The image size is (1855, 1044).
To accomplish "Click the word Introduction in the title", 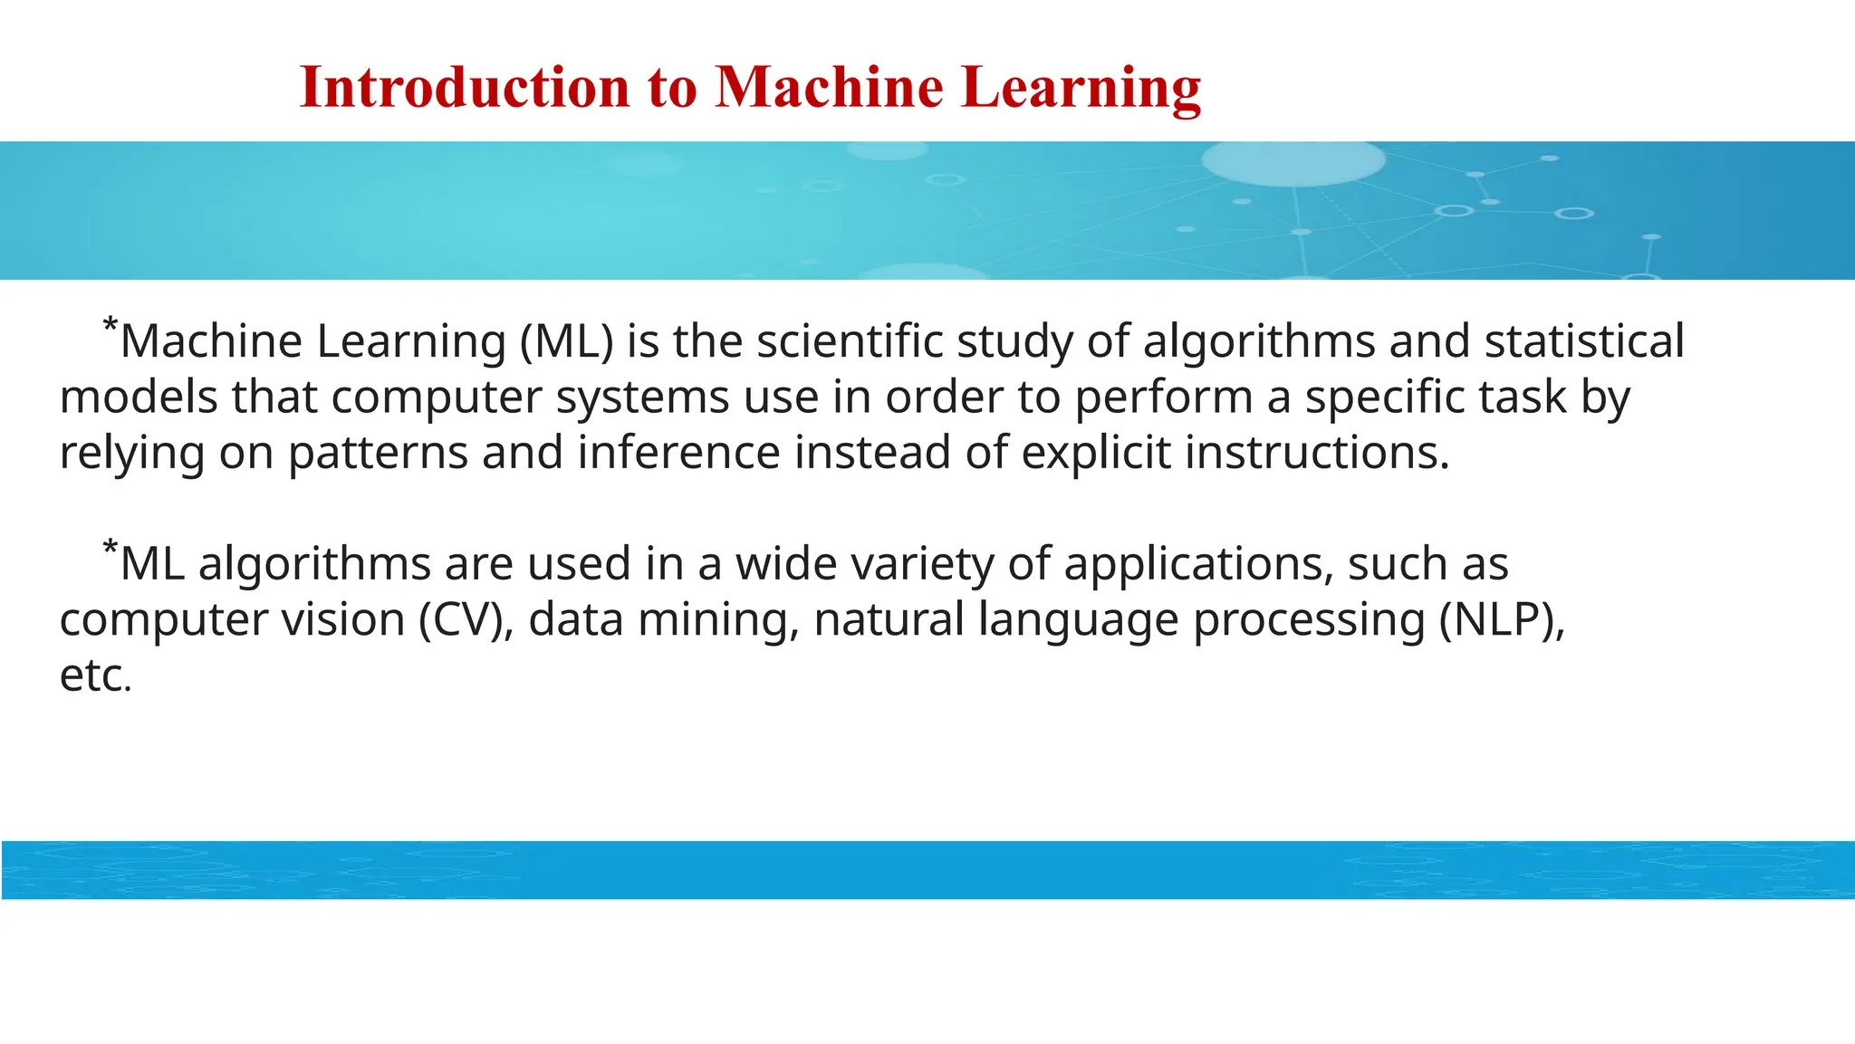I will tap(464, 88).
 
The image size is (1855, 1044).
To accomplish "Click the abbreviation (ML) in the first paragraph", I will tap(567, 341).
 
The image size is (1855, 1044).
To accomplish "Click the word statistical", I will tap(1584, 341).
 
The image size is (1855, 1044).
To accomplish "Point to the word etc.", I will tap(95, 675).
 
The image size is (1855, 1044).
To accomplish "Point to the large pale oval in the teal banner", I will tap(1293, 162).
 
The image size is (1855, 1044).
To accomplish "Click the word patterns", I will tap(378, 452).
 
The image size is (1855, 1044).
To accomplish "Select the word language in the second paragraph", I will tap(1078, 620).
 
